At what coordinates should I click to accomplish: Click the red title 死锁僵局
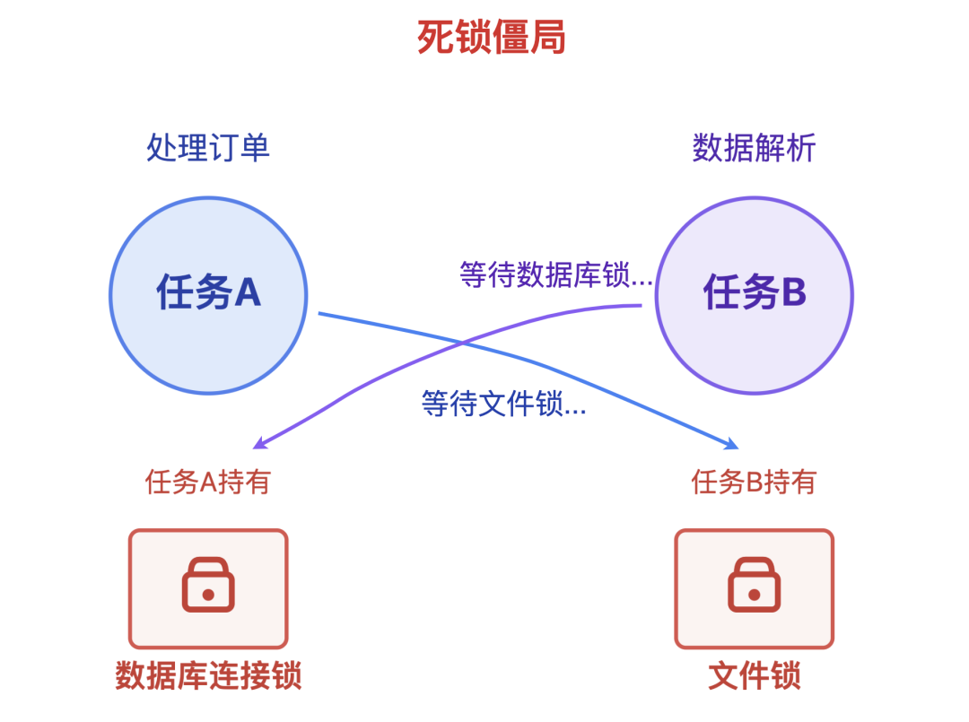tap(492, 38)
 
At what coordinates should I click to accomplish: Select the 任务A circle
tap(208, 295)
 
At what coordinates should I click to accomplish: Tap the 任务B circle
tap(754, 295)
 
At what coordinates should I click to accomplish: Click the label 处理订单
tap(208, 148)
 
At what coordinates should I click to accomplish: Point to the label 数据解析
tap(754, 148)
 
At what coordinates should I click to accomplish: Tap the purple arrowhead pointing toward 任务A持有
tap(258, 443)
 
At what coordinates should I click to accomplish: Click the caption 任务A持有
tap(208, 483)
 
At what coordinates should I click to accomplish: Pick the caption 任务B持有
tap(754, 483)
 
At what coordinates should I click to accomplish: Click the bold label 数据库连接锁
tap(208, 675)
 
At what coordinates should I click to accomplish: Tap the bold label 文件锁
tap(754, 675)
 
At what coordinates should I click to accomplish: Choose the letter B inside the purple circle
tap(793, 292)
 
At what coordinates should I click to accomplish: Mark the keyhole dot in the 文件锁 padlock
tap(754, 595)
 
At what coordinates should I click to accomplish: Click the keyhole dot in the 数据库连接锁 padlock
tap(208, 595)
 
